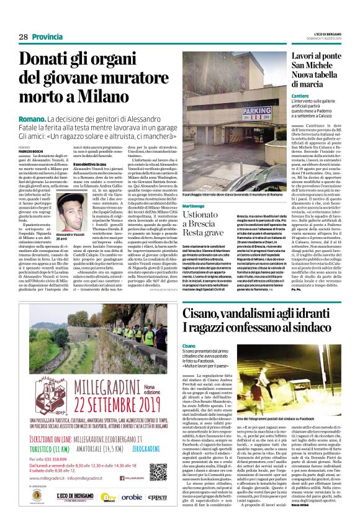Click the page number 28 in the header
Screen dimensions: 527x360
(x=24, y=37)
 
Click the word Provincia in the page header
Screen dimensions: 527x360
(x=46, y=37)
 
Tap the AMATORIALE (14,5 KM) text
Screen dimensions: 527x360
(x=99, y=448)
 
